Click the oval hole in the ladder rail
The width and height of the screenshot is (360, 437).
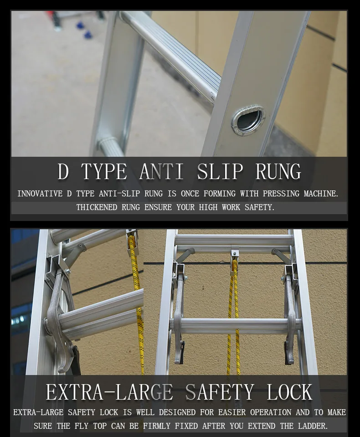tap(249, 120)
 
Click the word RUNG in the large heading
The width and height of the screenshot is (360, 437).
tap(278, 172)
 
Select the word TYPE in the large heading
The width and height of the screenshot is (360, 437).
tap(104, 172)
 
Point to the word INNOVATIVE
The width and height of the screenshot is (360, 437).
tap(40, 194)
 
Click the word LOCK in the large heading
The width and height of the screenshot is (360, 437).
tap(289, 392)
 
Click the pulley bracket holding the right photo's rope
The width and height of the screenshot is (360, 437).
tap(235, 253)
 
